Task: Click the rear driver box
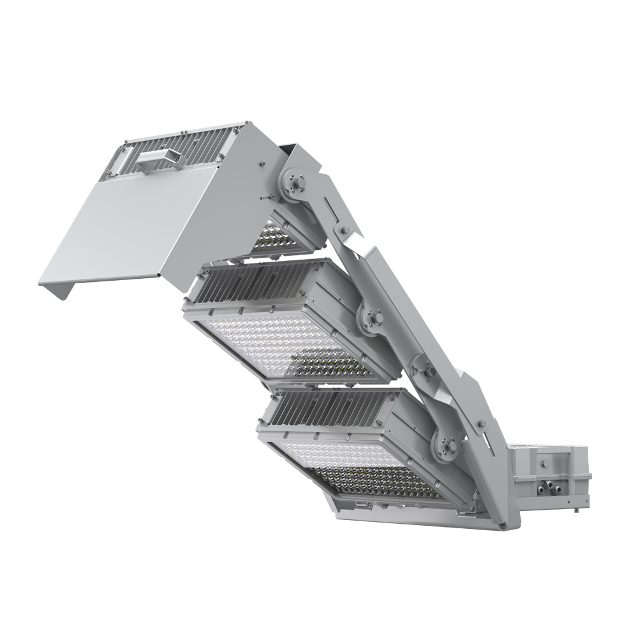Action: (549, 475)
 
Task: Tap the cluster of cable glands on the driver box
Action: (547, 488)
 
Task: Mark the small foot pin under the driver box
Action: (575, 510)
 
